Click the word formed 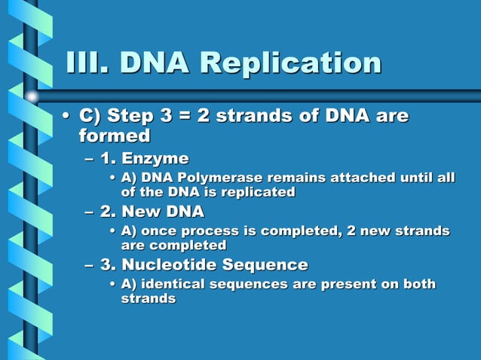(x=115, y=136)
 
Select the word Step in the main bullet (x=127, y=117)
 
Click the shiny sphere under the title (x=32, y=96)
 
